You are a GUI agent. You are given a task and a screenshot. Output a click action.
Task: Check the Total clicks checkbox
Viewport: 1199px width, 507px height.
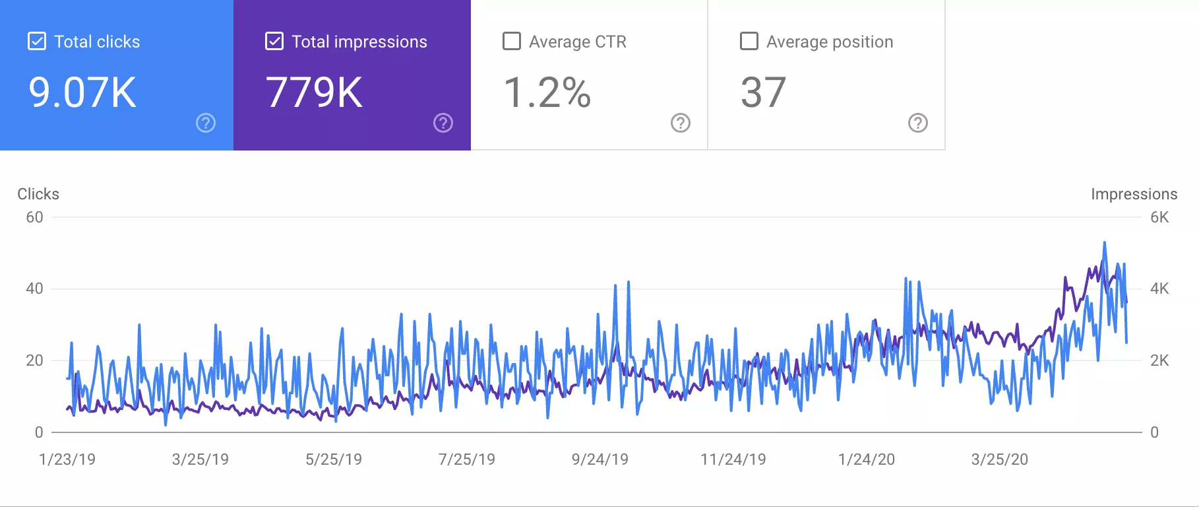tap(37, 42)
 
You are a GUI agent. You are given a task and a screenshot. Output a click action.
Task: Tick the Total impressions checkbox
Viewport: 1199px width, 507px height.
tap(274, 42)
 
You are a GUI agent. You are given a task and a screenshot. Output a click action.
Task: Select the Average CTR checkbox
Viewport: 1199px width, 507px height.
tap(512, 42)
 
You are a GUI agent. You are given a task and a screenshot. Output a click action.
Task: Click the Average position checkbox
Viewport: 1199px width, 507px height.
tap(749, 42)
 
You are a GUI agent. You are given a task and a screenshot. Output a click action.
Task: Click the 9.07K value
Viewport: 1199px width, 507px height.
tap(82, 92)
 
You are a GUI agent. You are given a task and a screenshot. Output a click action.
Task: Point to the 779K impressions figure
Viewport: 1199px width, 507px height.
tap(314, 92)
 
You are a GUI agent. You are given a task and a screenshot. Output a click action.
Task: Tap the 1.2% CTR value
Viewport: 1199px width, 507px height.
tap(547, 92)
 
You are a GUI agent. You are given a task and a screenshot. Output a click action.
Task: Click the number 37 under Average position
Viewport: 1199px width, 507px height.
tap(763, 92)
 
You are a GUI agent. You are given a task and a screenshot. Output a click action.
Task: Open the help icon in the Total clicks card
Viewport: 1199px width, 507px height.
tap(206, 123)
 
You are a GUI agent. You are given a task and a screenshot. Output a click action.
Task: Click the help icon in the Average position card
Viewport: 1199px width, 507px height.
tap(918, 123)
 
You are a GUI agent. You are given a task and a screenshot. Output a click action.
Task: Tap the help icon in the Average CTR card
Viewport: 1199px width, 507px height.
tap(681, 123)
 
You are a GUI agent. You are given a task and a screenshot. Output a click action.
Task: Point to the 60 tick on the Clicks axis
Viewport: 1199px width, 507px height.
tap(34, 217)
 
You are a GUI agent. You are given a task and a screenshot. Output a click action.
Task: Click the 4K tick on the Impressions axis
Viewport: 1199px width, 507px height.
tap(1159, 288)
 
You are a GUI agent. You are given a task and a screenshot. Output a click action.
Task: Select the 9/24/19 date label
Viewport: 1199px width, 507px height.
tap(599, 459)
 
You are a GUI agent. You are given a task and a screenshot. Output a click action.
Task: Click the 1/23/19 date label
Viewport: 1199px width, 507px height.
tap(67, 459)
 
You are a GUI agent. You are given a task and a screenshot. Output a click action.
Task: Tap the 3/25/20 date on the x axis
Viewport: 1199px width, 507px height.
tap(999, 459)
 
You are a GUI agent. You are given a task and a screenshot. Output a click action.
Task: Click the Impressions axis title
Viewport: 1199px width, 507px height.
tap(1134, 194)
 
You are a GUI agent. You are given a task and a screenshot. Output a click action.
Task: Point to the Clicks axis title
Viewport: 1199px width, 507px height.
tap(38, 194)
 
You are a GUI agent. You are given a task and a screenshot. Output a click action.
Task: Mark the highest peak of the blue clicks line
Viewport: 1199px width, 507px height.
tap(1105, 243)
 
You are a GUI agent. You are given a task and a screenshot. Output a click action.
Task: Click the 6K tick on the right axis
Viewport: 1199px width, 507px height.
tap(1159, 217)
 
